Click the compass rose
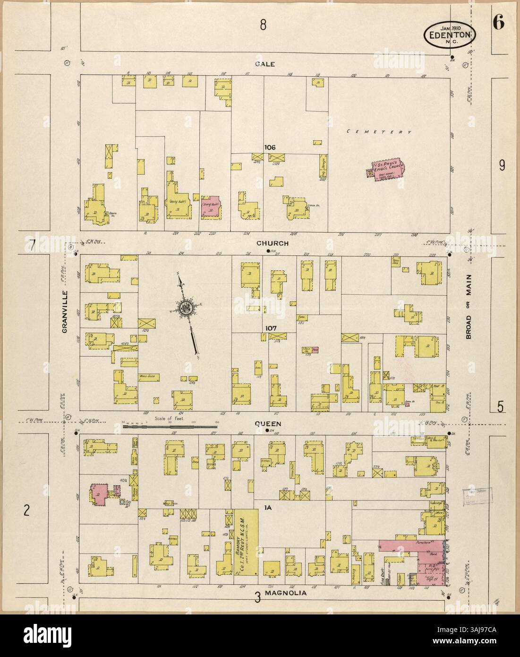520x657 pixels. (x=184, y=309)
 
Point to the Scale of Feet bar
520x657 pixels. (x=169, y=427)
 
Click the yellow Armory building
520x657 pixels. (x=246, y=541)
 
